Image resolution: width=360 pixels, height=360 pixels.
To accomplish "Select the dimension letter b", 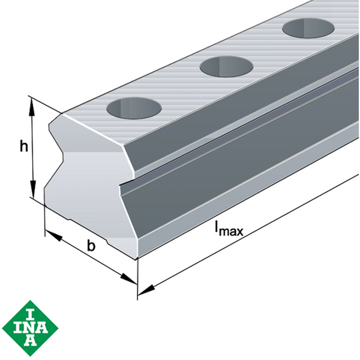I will [x=91, y=245].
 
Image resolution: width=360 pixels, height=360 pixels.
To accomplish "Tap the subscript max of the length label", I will [x=230, y=230].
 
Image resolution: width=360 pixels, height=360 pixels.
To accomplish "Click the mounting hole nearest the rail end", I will [x=134, y=109].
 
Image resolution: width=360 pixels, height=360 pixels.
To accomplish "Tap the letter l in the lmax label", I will [x=217, y=226].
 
